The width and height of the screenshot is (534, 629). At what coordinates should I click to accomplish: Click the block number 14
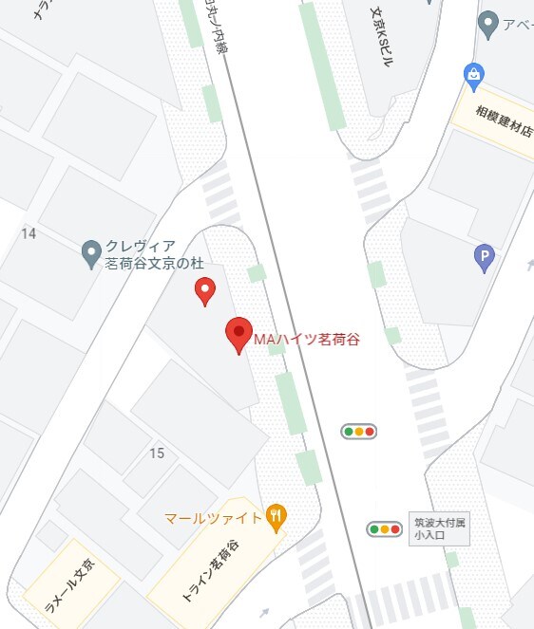29,233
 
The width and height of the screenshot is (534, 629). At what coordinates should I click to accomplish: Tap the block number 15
157,453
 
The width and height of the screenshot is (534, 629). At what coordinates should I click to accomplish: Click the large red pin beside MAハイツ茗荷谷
238,335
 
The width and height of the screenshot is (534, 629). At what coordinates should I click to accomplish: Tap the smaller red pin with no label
204,291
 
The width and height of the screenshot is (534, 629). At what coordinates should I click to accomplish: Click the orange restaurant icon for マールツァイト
277,517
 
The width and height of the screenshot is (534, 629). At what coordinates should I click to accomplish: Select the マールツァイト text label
212,519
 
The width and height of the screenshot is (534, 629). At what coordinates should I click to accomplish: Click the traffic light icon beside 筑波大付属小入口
385,528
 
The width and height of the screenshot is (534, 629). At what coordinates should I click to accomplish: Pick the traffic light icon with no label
359,432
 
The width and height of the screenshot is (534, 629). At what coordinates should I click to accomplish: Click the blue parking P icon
485,257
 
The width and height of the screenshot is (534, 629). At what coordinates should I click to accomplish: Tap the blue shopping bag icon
473,73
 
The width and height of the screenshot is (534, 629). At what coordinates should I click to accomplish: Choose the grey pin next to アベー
488,25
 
